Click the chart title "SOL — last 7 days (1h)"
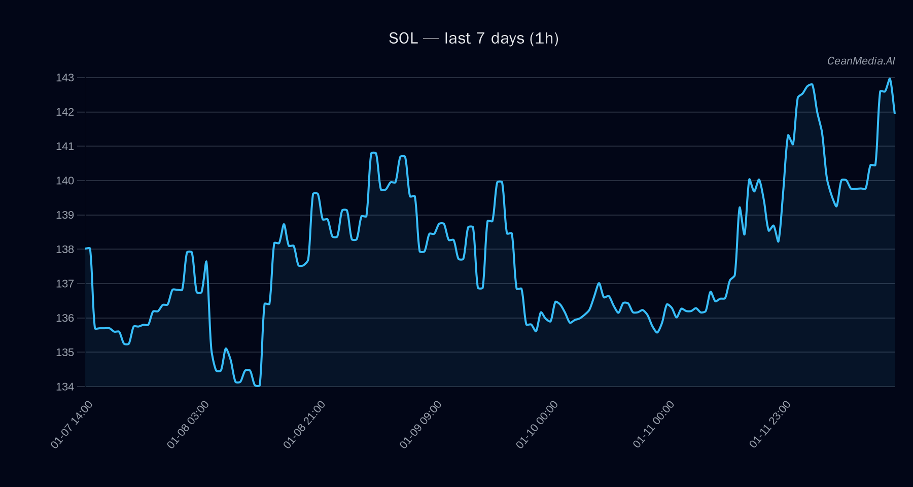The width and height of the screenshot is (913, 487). [x=473, y=39]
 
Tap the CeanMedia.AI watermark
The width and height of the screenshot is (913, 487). [x=861, y=61]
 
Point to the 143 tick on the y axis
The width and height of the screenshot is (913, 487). [x=65, y=78]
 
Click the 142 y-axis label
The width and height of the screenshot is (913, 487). [x=65, y=112]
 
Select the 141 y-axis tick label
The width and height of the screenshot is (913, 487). [x=65, y=147]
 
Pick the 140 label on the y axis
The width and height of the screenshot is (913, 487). [x=65, y=181]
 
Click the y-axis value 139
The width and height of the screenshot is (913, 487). [x=65, y=215]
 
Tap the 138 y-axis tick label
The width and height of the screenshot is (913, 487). [x=65, y=250]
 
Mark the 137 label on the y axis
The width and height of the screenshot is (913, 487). [x=65, y=284]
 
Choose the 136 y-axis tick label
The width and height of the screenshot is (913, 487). [x=65, y=318]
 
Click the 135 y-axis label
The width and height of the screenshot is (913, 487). [x=65, y=352]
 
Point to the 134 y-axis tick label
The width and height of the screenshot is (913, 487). [x=65, y=387]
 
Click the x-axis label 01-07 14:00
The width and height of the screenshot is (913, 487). [x=72, y=424]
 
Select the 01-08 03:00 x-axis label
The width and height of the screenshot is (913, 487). [x=188, y=424]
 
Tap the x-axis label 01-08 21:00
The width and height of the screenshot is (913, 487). [x=305, y=424]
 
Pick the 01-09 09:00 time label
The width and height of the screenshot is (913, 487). [x=421, y=424]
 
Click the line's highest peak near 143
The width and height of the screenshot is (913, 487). [x=890, y=79]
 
